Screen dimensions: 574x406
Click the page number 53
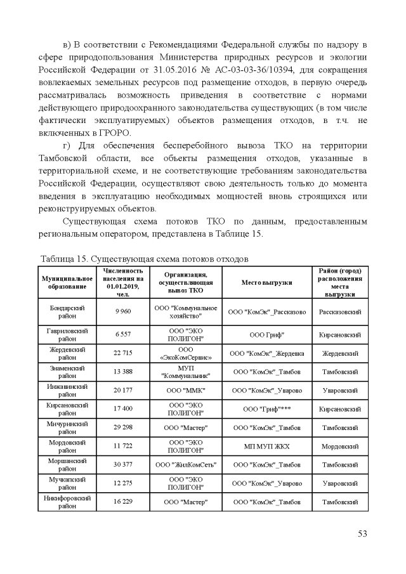362,533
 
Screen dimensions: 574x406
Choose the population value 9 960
122,312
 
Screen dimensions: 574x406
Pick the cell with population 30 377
122,465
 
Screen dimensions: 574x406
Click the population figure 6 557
122,335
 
